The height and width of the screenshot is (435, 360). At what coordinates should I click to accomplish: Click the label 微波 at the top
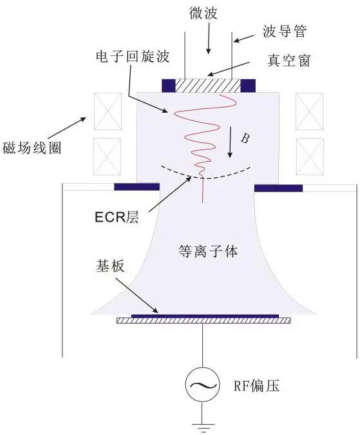click(208, 12)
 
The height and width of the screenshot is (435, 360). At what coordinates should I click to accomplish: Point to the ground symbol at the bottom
click(203, 425)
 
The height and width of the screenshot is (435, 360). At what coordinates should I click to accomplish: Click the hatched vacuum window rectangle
click(208, 85)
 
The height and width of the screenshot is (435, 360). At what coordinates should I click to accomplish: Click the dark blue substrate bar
click(205, 316)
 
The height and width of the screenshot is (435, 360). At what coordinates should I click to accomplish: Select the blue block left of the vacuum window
click(169, 84)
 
